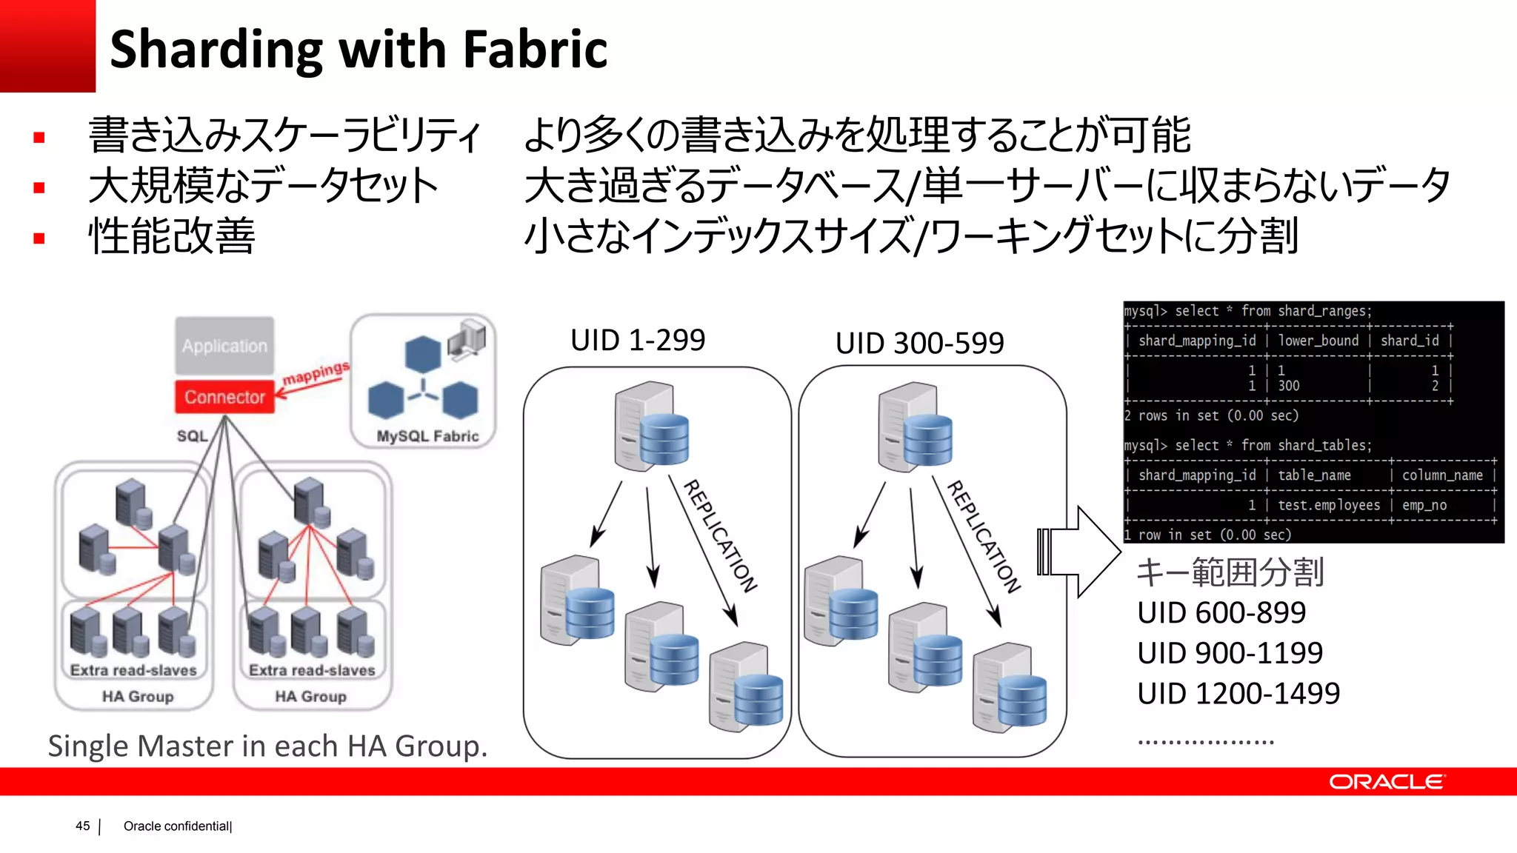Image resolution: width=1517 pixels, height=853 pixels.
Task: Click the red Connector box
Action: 224,397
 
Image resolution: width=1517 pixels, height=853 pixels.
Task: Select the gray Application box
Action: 224,346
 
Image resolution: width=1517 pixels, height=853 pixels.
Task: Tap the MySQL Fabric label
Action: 427,436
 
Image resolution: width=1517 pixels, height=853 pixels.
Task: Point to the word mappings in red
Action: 316,372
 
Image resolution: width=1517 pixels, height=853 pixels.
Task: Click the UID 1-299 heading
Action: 637,340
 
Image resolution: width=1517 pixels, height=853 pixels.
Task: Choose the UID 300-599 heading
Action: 919,343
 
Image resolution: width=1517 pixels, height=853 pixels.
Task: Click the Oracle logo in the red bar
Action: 1386,782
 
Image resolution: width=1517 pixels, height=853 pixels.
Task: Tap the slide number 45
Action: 82,826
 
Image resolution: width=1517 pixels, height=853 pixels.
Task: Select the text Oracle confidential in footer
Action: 176,826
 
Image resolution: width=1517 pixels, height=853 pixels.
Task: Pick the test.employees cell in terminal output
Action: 1329,505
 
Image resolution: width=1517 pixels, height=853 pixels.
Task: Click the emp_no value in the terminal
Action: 1424,505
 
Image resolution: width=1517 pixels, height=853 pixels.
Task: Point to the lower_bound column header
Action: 1318,341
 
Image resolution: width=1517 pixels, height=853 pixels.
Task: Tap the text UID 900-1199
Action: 1230,653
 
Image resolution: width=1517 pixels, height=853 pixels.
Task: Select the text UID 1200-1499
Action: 1238,694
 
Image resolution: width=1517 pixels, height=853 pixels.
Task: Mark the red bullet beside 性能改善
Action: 39,238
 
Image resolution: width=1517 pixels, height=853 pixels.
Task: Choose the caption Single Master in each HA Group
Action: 267,746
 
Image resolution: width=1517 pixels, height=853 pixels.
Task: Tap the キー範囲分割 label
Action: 1230,572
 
